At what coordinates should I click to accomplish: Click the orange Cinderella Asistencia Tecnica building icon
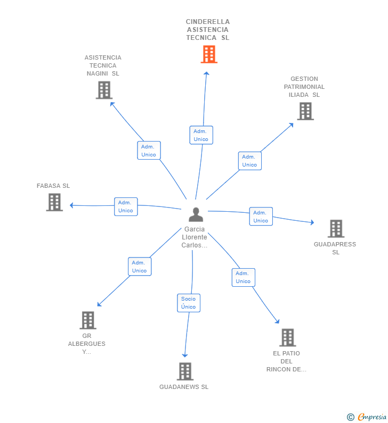[209, 54]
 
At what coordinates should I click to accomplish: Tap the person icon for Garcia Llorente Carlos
[196, 214]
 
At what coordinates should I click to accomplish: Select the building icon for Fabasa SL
[54, 202]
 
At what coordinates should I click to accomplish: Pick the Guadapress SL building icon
[336, 228]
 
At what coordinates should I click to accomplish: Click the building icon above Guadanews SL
[184, 371]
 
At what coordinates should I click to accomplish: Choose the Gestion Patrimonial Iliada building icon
[305, 111]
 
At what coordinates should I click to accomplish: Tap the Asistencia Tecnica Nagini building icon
[104, 90]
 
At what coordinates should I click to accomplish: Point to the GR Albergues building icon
[88, 320]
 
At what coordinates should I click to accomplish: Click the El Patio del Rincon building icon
[287, 337]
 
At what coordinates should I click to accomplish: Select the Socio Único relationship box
[189, 303]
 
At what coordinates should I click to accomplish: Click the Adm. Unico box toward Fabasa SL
[126, 206]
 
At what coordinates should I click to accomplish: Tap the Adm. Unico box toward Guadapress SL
[261, 217]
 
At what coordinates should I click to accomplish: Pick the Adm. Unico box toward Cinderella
[201, 135]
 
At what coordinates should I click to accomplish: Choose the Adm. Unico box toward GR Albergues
[140, 267]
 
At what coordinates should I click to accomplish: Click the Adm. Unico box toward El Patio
[243, 277]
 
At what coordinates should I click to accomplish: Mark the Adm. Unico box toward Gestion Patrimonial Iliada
[249, 161]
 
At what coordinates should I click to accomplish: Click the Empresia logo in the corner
[367, 417]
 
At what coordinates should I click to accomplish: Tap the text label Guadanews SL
[184, 387]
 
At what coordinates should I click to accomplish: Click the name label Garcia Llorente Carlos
[195, 237]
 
